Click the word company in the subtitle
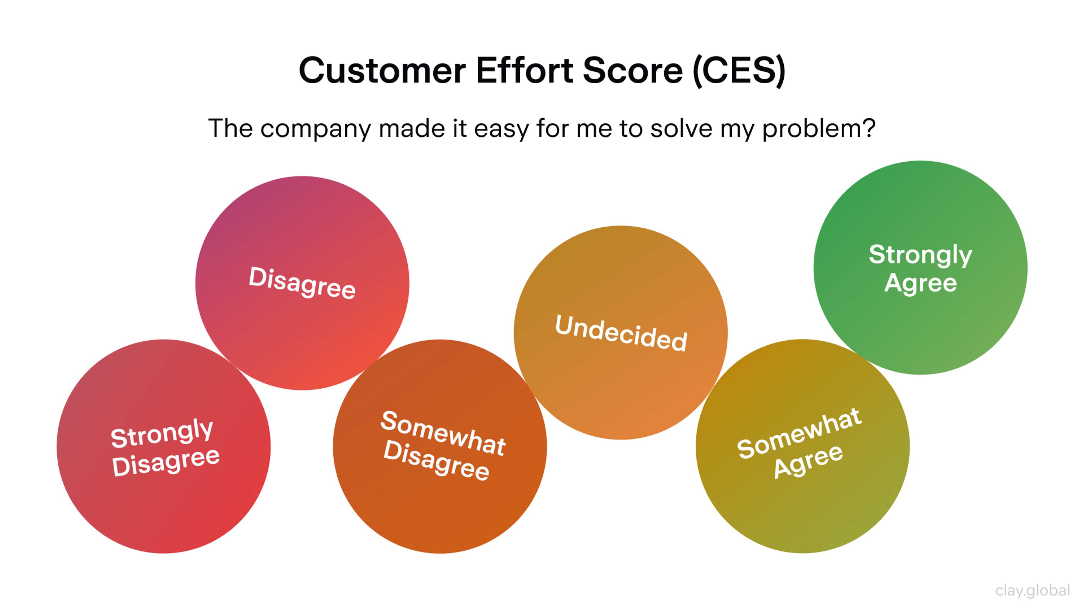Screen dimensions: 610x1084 316,129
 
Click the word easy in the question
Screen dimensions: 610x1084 501,129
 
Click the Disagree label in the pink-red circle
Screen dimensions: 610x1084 302,282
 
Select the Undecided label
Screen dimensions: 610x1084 621,333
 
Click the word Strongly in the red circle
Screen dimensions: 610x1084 162,433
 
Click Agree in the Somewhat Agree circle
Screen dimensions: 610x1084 808,461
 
